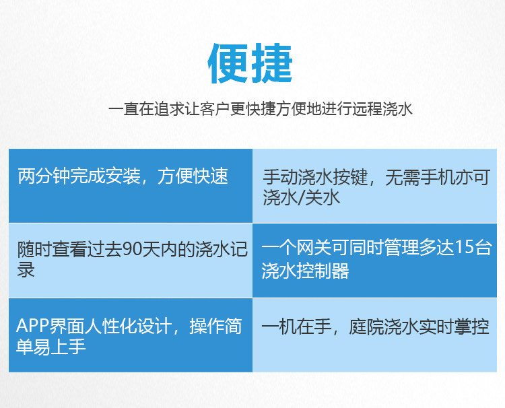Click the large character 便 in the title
(x=228, y=63)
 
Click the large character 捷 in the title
(x=271, y=63)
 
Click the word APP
(x=32, y=326)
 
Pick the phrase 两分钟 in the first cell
(x=44, y=176)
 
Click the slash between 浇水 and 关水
(x=301, y=197)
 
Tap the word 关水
(x=322, y=197)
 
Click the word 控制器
(x=323, y=270)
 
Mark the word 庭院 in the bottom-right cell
(x=366, y=327)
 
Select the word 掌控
(x=472, y=327)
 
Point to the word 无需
(x=403, y=177)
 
